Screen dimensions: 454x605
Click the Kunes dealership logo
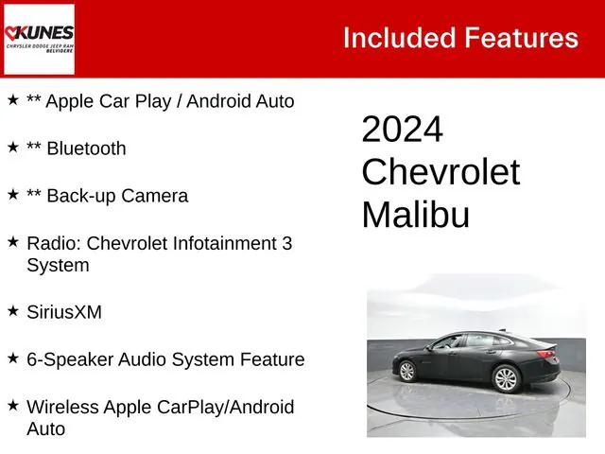[39, 39]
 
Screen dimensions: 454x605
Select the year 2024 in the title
[402, 130]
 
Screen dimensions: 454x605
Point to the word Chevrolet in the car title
[441, 172]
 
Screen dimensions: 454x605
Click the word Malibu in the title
[415, 215]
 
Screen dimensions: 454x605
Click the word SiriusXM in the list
[64, 312]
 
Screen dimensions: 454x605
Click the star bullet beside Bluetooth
[12, 147]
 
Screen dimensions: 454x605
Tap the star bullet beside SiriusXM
[12, 310]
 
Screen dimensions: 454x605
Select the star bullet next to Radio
[12, 241]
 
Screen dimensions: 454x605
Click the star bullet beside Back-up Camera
[12, 194]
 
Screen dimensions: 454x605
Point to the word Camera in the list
[154, 196]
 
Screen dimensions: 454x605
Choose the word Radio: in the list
[54, 243]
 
